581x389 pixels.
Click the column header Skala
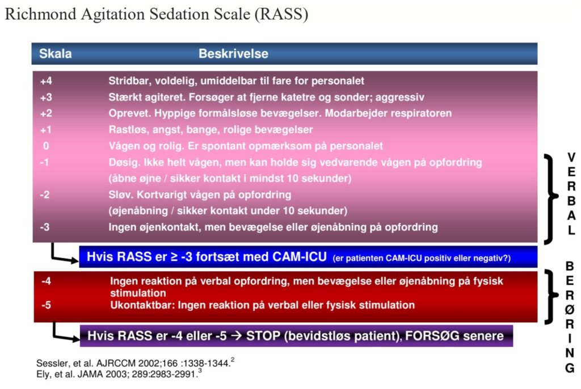tap(55, 53)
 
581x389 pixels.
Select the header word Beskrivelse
tap(233, 53)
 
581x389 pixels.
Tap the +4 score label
tap(46, 81)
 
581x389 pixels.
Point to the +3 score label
tap(46, 97)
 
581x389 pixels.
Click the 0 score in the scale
tap(46, 146)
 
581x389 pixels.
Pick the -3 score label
tap(45, 227)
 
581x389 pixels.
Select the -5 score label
tap(47, 305)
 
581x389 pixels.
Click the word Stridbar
tap(130, 81)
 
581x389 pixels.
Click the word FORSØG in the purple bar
tap(432, 336)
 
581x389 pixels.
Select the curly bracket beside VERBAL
tap(550, 199)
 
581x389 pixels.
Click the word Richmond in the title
tap(40, 14)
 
